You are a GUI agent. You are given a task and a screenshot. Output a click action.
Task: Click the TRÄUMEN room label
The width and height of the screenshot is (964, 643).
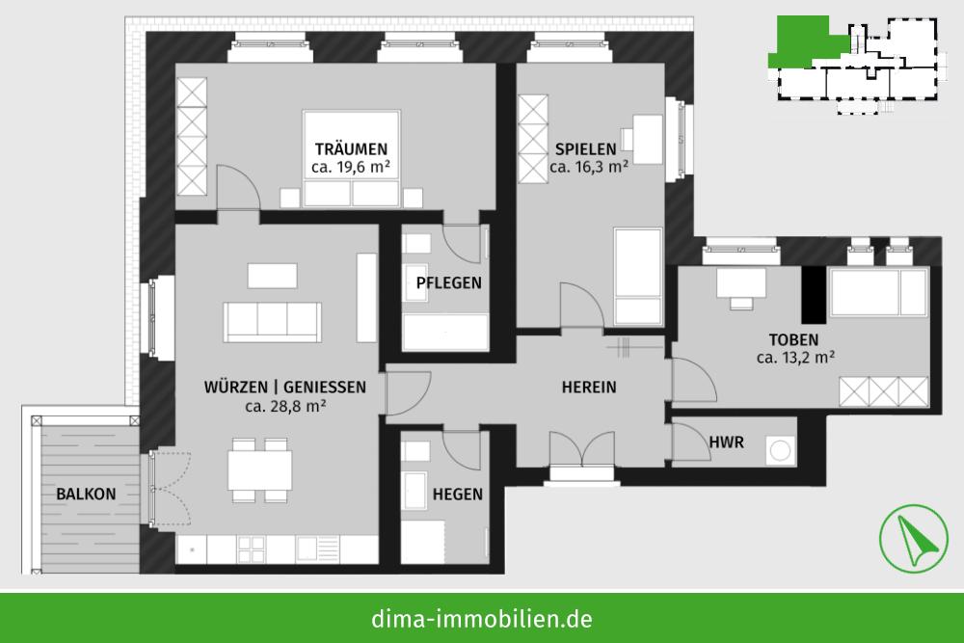tap(351, 148)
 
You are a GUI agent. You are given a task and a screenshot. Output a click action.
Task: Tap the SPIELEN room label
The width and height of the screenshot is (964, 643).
tap(585, 148)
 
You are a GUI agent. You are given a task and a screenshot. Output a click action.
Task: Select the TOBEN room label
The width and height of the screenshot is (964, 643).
tap(793, 340)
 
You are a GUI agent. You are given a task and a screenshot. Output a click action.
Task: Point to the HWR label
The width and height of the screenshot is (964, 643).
tap(726, 442)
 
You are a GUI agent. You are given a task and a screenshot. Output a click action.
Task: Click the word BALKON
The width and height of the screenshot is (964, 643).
tap(86, 495)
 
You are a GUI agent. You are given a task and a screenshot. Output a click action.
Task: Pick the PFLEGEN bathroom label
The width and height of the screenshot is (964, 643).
tap(449, 282)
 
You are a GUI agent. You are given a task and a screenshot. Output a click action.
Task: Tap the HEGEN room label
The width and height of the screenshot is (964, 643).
tap(457, 495)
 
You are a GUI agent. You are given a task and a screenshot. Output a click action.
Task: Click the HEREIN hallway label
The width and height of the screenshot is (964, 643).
tap(589, 388)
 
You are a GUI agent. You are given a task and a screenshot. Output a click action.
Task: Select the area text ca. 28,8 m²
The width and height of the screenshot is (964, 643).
tap(285, 406)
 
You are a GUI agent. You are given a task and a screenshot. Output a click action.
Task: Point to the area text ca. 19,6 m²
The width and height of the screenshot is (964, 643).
tap(351, 167)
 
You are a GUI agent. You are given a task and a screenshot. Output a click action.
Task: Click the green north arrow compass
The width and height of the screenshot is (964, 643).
tap(914, 539)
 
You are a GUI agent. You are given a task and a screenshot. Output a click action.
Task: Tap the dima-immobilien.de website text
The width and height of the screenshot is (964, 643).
tap(482, 618)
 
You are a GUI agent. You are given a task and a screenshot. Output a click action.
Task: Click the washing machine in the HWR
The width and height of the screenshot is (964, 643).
tap(780, 451)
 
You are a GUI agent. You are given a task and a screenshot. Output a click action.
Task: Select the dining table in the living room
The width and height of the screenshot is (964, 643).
tap(260, 470)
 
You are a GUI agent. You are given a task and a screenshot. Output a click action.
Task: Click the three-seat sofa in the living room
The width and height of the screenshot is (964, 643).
tap(273, 322)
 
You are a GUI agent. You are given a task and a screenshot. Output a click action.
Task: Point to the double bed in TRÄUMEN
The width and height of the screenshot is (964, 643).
tap(351, 159)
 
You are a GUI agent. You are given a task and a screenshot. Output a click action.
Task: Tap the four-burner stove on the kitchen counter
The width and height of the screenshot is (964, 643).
tap(252, 549)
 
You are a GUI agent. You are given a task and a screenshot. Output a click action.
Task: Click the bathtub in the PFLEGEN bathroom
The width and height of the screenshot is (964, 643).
tap(445, 333)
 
